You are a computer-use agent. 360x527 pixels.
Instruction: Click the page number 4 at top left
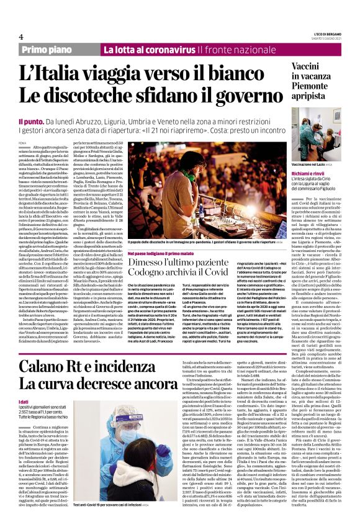[x=21, y=37]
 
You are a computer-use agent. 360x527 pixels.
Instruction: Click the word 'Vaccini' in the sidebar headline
[x=315, y=68]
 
